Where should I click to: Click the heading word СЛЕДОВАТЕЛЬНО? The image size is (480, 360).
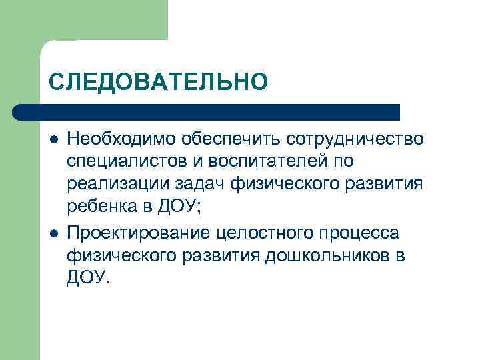(158, 82)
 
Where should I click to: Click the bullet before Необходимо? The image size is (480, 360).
(53, 139)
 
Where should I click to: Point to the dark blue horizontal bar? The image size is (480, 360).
(207, 112)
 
